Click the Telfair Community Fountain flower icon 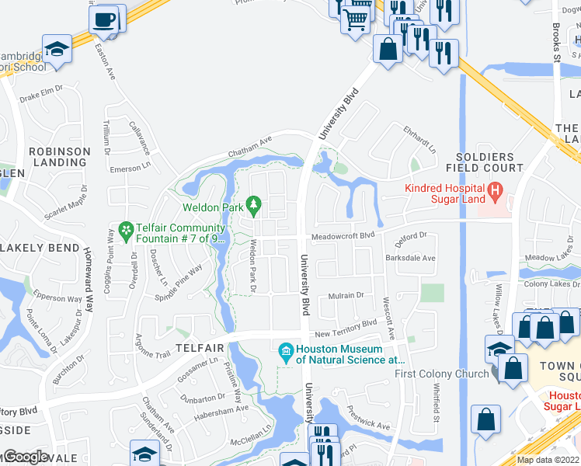(125, 230)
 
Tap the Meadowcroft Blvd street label (343, 235)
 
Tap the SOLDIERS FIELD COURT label (485, 162)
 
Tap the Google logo (25, 457)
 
